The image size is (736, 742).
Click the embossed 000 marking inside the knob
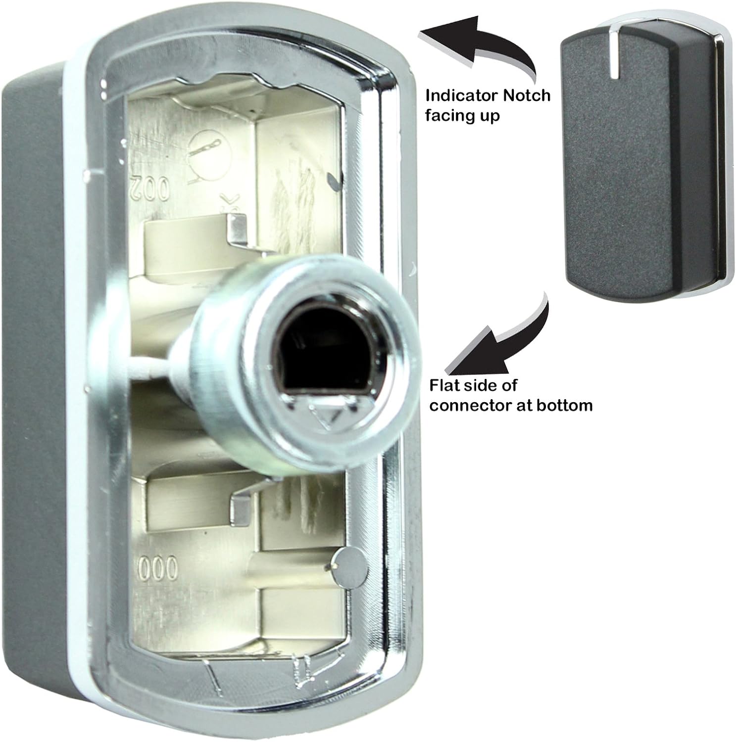[156, 571]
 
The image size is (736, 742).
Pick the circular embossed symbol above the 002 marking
[205, 149]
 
